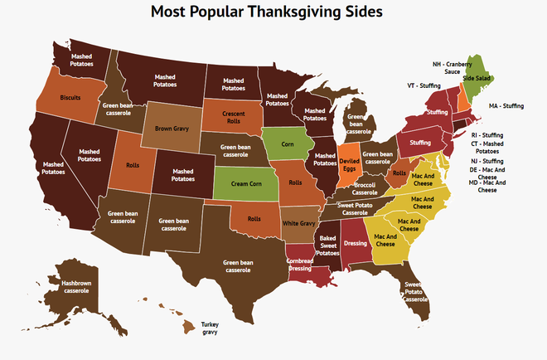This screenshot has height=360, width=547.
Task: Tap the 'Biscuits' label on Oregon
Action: pos(70,97)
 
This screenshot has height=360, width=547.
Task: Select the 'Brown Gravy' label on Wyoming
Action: pos(172,129)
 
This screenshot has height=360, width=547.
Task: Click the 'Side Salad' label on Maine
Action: pos(476,78)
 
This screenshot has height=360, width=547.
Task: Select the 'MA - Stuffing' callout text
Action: pos(506,106)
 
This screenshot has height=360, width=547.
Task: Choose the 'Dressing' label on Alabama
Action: pos(355,245)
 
